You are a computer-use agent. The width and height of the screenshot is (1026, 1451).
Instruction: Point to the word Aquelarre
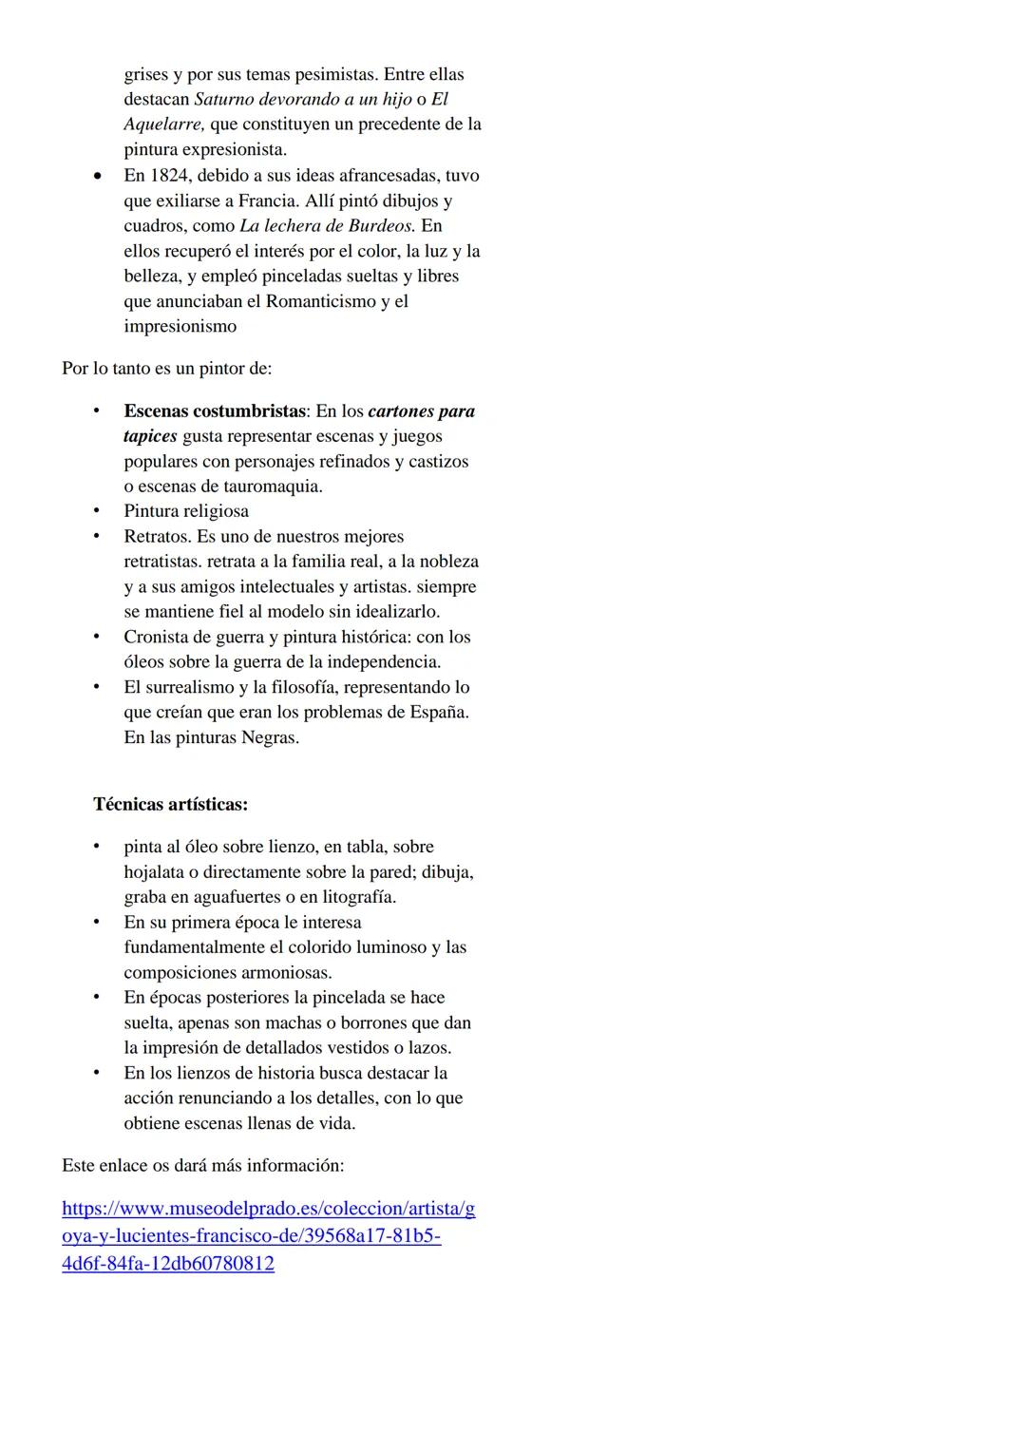click(164, 124)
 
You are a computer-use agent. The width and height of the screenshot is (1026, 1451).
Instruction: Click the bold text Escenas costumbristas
click(215, 411)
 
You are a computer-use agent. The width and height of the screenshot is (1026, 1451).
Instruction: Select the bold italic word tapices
click(150, 436)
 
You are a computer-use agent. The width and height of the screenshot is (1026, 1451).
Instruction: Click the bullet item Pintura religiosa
click(186, 511)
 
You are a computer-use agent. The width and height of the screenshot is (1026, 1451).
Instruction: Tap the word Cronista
click(158, 637)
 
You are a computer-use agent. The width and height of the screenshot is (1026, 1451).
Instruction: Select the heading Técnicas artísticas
click(170, 804)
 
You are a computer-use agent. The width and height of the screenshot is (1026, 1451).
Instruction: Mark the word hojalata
click(158, 872)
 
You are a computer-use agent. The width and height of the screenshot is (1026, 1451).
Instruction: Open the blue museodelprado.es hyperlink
click(268, 1236)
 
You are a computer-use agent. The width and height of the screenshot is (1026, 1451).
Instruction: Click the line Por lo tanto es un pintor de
click(166, 368)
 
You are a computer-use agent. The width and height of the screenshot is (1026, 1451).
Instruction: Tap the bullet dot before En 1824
click(97, 177)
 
